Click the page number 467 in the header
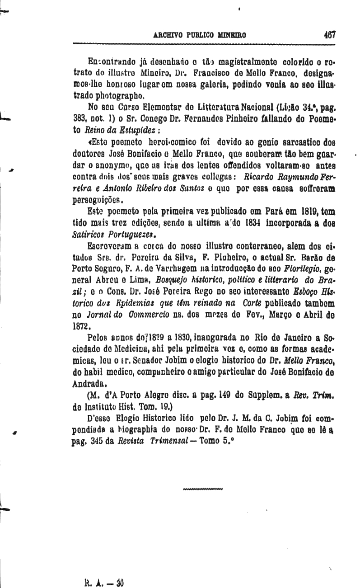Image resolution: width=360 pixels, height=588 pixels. click(328, 34)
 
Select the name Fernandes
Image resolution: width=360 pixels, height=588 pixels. click(208, 119)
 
